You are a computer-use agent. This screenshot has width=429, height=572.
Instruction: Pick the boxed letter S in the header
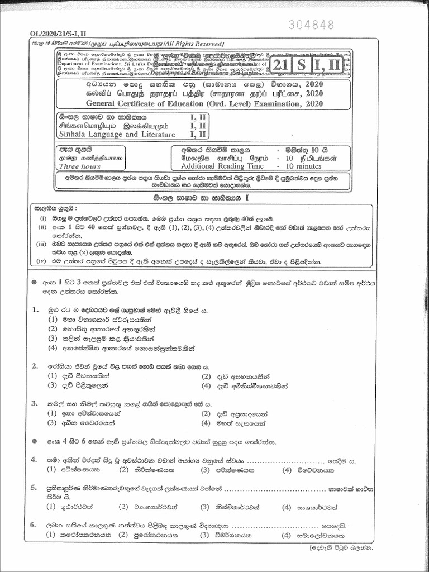(301, 65)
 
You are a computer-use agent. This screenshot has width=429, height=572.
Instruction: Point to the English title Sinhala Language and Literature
(117, 135)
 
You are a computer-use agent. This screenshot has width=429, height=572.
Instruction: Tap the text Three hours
(80, 166)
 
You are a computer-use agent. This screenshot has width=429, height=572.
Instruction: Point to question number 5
(34, 488)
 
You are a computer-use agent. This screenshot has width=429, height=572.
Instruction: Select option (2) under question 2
(206, 376)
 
